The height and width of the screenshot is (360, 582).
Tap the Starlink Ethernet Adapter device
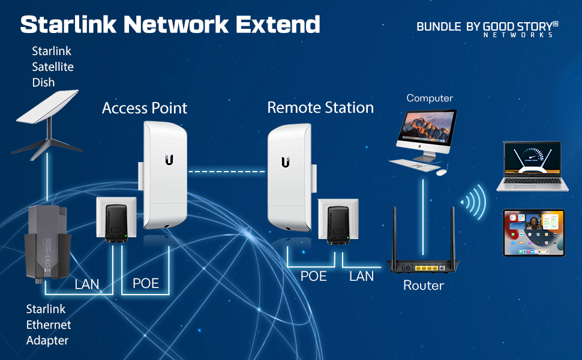point(47,243)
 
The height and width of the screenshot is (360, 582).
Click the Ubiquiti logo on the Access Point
point(169,160)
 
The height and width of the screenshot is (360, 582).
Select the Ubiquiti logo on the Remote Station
point(286,162)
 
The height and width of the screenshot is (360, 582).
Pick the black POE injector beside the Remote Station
point(338,225)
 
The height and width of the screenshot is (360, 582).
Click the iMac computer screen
point(427,128)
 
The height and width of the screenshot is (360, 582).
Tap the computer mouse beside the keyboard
point(441,172)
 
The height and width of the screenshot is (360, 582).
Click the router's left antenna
point(395,235)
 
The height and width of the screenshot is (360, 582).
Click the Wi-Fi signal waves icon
point(473,202)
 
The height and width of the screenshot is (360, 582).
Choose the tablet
point(534,233)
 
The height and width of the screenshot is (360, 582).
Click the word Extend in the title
point(278,25)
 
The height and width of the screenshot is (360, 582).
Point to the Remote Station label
point(320,107)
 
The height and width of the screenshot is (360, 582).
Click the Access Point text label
point(145,108)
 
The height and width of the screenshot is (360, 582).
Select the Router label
point(424,286)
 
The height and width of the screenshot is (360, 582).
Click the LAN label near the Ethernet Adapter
point(87,284)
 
